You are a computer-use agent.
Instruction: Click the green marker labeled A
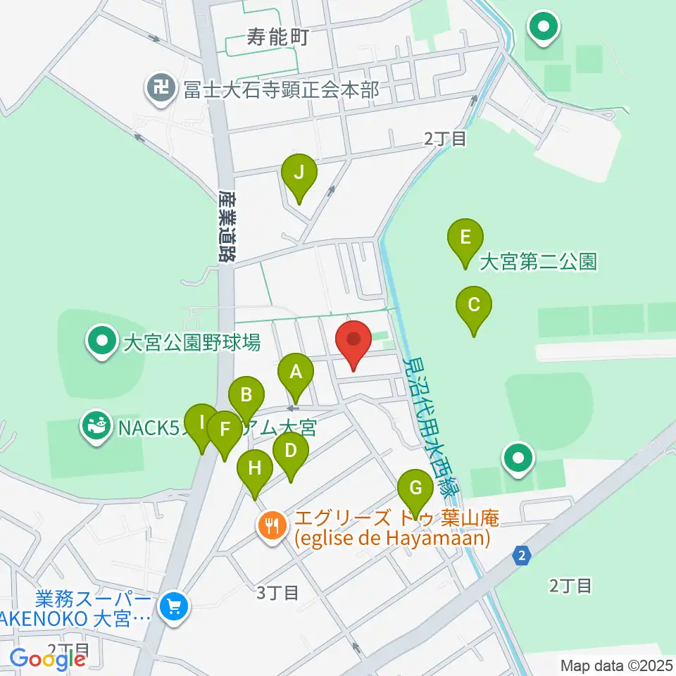296,373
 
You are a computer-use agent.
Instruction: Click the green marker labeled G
415,488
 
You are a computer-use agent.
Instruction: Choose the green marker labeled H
255,468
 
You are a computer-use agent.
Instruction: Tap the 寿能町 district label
279,37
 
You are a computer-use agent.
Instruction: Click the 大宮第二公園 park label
538,263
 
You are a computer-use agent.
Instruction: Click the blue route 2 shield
521,556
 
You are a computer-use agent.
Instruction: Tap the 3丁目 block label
277,593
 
